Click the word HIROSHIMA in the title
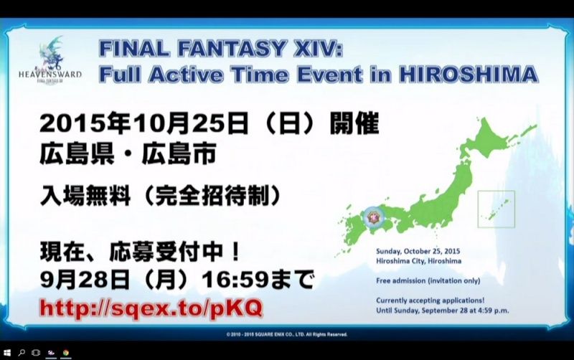pos(469,75)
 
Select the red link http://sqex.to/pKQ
pos(151,308)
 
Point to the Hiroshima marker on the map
pos(374,217)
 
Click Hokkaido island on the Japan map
pos(494,139)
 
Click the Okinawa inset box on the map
pos(496,209)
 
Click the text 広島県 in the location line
pos(77,154)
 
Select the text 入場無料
pos(85,196)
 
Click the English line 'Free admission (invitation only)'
pos(428,280)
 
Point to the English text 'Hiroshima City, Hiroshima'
pos(418,261)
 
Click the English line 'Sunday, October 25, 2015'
pos(418,251)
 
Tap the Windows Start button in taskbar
pos(7,353)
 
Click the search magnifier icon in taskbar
pos(22,353)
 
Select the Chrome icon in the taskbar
pos(66,353)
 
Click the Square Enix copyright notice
pos(286,334)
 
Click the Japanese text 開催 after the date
pos(354,123)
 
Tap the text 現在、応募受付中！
pos(140,252)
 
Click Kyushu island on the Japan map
pos(353,230)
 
